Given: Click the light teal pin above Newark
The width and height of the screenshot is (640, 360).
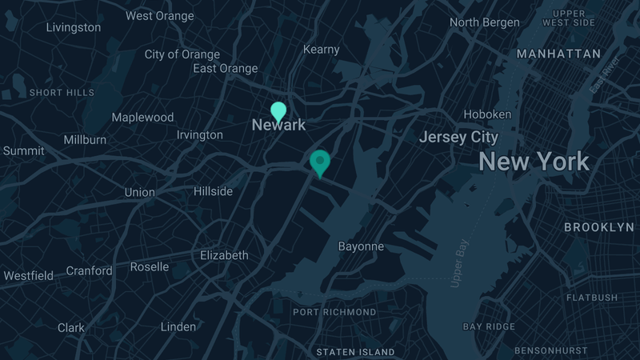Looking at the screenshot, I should [278, 111].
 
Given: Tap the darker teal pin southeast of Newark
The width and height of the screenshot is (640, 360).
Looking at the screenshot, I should [320, 162].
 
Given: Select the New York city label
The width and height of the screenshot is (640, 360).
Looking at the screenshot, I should [534, 162].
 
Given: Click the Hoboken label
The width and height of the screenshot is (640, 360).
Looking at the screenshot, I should [487, 114].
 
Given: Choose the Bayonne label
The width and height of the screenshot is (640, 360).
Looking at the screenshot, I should [361, 246].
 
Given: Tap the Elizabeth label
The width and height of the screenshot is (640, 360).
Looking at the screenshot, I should [224, 255].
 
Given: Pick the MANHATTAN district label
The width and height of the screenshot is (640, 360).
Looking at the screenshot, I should [558, 54].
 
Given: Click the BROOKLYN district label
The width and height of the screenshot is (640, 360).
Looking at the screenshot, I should [598, 227].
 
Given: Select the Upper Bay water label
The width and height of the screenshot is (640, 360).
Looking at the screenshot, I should [458, 264].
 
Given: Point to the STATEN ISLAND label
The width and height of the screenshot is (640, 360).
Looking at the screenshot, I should [355, 352].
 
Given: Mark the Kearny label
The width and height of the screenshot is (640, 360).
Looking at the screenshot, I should [322, 50].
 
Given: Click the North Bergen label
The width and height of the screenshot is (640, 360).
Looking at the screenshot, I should [484, 22].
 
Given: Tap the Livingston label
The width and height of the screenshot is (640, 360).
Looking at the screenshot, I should [74, 27].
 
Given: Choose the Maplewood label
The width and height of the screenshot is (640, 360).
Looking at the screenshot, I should [142, 117].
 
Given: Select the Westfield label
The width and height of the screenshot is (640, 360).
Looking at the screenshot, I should [29, 276].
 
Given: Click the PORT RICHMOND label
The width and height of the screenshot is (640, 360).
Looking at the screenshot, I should [334, 312].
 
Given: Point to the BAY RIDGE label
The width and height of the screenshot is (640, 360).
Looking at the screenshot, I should [490, 326].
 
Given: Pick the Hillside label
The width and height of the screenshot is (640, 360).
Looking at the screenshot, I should [213, 191].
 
